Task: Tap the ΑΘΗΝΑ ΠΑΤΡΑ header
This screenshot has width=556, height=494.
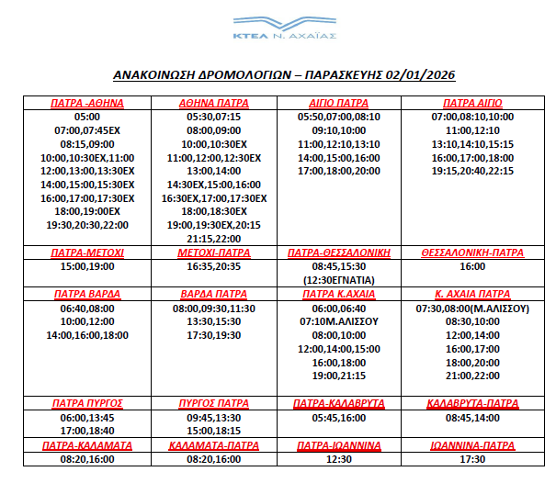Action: click(x=213, y=103)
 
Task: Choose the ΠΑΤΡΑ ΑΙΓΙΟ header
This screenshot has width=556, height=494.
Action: click(x=472, y=103)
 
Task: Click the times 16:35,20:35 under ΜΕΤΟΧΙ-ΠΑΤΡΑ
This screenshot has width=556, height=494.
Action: click(x=213, y=265)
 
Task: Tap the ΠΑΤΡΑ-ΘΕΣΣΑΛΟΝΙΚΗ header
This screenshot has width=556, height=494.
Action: click(x=339, y=252)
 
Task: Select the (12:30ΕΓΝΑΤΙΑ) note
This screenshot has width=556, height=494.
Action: click(x=339, y=279)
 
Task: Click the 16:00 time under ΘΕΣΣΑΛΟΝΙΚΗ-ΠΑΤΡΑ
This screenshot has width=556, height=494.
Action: click(x=472, y=265)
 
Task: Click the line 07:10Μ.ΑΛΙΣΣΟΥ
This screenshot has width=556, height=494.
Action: click(x=339, y=321)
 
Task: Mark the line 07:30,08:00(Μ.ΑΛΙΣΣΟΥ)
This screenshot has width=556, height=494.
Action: click(x=472, y=309)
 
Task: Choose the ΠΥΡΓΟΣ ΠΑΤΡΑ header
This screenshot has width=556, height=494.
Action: click(x=213, y=403)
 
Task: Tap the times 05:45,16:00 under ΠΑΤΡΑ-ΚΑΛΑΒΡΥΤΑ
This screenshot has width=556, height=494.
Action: click(x=339, y=417)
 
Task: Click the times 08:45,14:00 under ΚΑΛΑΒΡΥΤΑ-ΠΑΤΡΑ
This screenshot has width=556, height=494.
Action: click(x=472, y=417)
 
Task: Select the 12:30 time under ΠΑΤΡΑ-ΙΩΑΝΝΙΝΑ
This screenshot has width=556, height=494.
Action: click(x=339, y=459)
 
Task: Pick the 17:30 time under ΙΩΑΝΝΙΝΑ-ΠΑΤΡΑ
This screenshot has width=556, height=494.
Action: click(x=472, y=459)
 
